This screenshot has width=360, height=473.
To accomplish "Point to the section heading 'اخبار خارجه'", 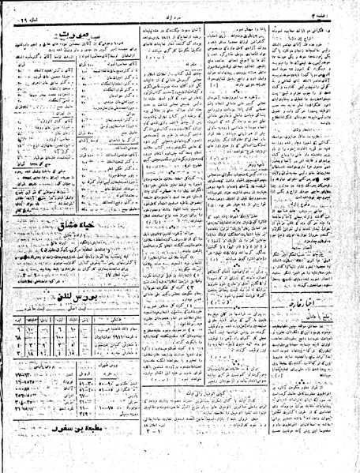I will click(289, 279).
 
